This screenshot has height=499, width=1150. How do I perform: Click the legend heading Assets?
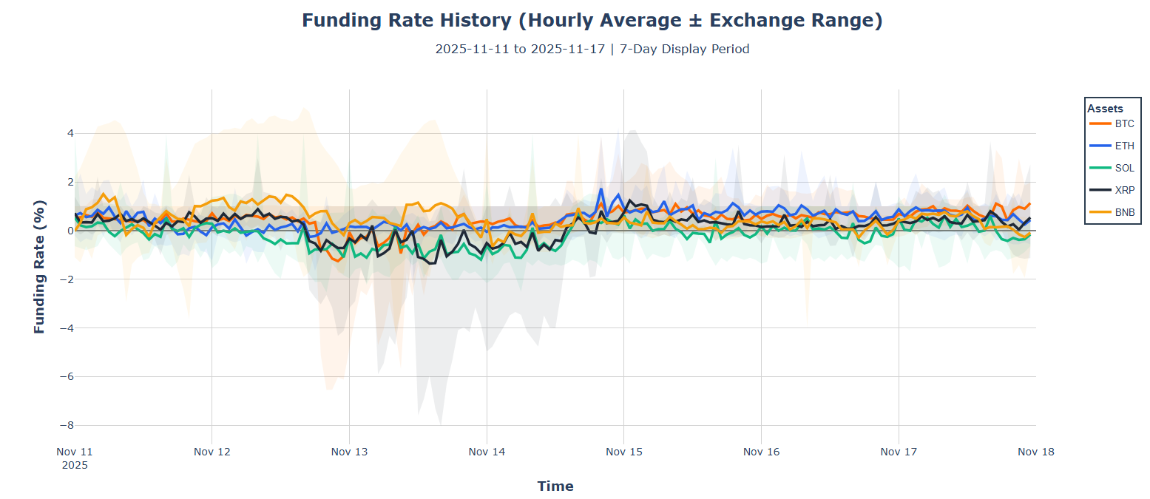pyautogui.click(x=1105, y=108)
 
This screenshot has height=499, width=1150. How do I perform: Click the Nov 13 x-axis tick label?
pyautogui.click(x=349, y=452)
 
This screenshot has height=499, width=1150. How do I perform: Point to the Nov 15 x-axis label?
pyautogui.click(x=623, y=452)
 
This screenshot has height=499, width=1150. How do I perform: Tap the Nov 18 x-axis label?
pyautogui.click(x=1035, y=452)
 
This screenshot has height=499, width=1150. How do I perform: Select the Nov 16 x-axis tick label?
pyautogui.click(x=761, y=452)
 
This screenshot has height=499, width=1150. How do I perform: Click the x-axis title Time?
pyautogui.click(x=555, y=486)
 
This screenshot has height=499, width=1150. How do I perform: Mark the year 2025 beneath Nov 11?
pyautogui.click(x=75, y=465)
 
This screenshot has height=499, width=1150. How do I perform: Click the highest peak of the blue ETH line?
pyautogui.click(x=601, y=189)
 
